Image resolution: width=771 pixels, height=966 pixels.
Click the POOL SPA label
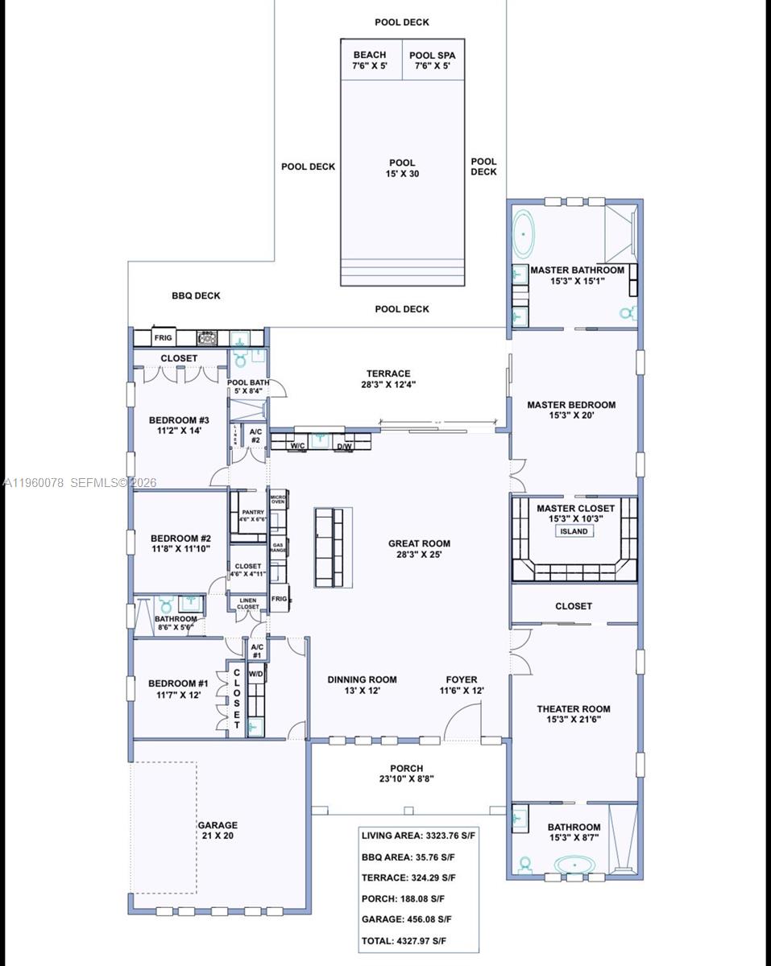[432, 60]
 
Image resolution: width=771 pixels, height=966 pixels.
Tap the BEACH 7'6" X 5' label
[370, 60]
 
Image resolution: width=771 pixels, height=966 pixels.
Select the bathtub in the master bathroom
[524, 233]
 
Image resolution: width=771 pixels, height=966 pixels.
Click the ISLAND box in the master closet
[574, 531]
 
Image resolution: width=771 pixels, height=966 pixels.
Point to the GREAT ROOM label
[419, 548]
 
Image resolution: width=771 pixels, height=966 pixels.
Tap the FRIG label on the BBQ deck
[164, 337]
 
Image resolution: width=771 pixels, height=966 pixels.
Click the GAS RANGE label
[278, 547]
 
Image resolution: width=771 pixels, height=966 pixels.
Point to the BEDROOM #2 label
[180, 543]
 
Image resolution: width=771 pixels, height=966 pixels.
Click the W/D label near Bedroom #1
[256, 673]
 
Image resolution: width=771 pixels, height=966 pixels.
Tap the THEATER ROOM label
[574, 714]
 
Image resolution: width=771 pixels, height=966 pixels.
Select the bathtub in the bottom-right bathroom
[574, 866]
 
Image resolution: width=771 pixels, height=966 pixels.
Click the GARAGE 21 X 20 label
[218, 830]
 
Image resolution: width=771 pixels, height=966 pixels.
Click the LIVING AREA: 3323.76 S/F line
[418, 836]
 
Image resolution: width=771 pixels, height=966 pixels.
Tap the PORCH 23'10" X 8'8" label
[407, 774]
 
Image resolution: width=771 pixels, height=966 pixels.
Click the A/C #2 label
[255, 436]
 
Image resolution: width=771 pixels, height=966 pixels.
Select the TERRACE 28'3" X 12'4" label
[389, 378]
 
